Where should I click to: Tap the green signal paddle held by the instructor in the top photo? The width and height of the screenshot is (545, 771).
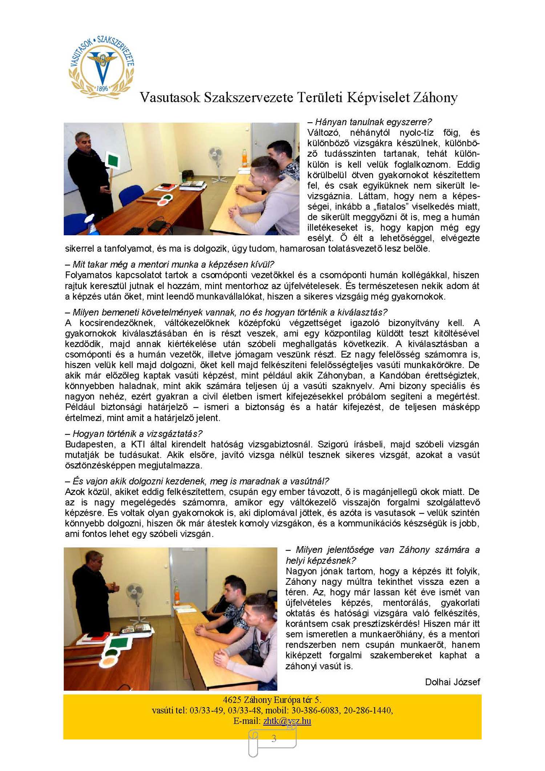(112, 160)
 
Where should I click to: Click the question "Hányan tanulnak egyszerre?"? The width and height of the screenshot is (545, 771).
(370, 122)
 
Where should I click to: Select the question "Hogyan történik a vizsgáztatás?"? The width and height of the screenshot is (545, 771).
(134, 434)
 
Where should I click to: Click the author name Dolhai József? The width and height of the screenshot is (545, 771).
(452, 682)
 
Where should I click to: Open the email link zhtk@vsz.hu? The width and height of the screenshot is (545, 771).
(287, 721)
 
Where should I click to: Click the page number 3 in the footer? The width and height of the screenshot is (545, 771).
(274, 738)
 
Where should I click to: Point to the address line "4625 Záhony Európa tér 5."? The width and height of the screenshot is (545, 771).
(272, 700)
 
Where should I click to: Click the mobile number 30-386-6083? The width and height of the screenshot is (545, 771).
(312, 710)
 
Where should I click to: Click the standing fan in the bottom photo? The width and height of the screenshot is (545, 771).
(134, 600)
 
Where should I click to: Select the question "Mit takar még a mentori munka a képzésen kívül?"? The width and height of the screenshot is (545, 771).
(170, 264)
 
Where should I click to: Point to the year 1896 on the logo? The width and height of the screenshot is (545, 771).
(102, 88)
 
